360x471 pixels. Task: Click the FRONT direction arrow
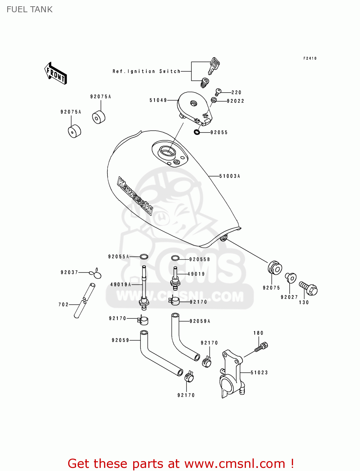coord(56,73)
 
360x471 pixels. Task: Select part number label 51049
coord(158,100)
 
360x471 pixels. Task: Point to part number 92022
coord(235,101)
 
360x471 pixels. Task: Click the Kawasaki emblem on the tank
coord(135,196)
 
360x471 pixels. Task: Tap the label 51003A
coord(230,176)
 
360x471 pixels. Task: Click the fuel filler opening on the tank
coord(166,152)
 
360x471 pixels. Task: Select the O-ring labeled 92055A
coord(144,257)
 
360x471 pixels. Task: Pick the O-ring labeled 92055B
coord(175,258)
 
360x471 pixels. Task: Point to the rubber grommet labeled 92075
coord(275,268)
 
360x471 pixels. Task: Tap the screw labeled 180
coord(261,347)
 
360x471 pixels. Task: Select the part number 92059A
coord(200,321)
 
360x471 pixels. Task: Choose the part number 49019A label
coord(121,285)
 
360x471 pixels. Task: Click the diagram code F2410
coord(310,58)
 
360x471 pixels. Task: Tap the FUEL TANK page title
coord(30,9)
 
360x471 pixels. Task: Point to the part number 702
coord(63,305)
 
